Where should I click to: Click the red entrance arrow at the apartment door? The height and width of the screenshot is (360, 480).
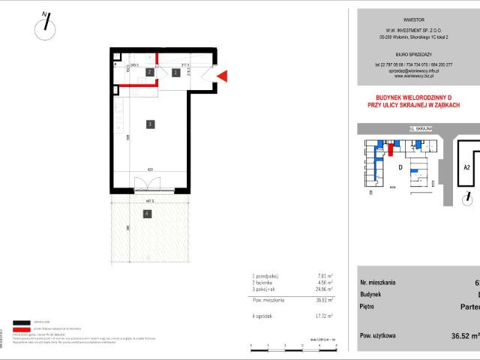[x=223, y=74]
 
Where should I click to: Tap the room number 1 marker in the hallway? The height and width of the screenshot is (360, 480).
[x=175, y=73]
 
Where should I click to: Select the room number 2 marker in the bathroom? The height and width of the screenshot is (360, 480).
[x=150, y=73]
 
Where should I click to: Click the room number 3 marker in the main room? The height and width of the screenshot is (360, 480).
[x=150, y=124]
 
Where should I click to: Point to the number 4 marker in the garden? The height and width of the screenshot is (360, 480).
[x=147, y=214]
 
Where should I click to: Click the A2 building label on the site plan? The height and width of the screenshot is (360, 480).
[x=466, y=168]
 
